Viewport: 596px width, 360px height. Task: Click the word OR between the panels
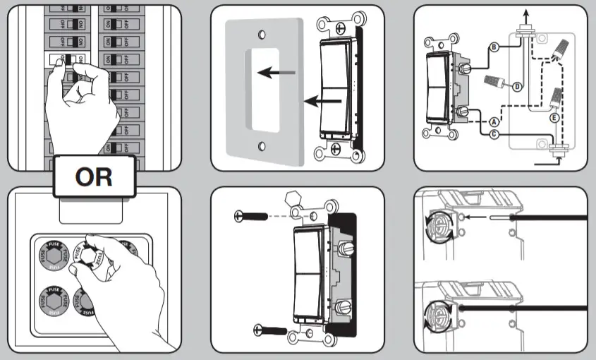[94, 176]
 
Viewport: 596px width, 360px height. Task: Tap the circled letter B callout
[493, 47]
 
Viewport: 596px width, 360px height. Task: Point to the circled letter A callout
[494, 121]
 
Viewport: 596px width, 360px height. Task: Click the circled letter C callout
[494, 134]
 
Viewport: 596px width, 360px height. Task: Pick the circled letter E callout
[554, 118]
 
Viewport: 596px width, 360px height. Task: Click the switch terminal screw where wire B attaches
[465, 68]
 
